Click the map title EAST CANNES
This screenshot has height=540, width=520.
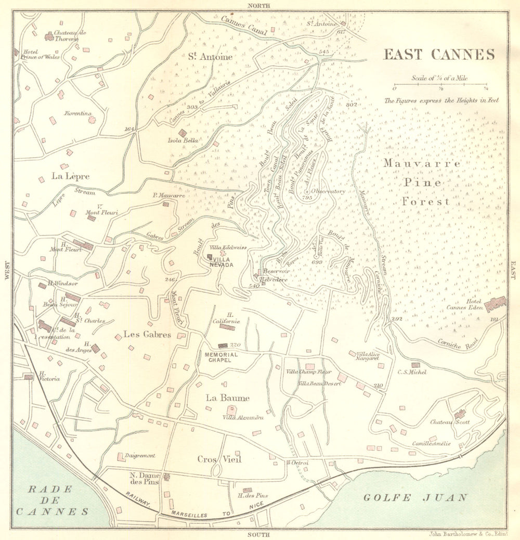pos(438,55)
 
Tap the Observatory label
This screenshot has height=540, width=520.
pos(328,191)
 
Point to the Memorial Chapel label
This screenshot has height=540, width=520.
pos(221,357)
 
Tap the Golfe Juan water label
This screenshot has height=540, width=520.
pos(414,497)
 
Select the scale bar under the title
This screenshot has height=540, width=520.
pos(440,84)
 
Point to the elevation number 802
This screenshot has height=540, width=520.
pos(352,105)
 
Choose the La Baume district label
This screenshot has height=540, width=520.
pos(227,398)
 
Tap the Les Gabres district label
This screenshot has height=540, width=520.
pos(147,335)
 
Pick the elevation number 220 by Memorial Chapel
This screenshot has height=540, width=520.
pos(236,345)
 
